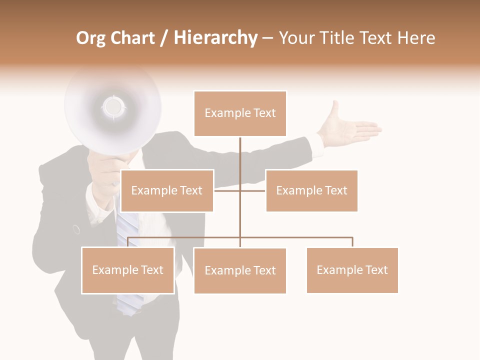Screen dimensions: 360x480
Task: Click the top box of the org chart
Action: click(240, 113)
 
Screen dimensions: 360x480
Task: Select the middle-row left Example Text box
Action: click(167, 190)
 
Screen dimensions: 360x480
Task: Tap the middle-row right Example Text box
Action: click(311, 190)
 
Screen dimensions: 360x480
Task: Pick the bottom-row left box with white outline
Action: click(128, 270)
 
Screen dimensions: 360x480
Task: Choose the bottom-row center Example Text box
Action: click(240, 270)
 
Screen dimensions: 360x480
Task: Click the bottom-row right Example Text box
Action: click(352, 270)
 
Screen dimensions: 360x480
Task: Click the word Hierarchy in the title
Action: click(215, 38)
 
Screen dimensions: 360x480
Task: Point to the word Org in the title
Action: click(90, 38)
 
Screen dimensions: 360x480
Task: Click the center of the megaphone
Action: click(113, 106)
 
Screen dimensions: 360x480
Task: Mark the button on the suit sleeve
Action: click(76, 229)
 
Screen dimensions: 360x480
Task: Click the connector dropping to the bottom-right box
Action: click(352, 242)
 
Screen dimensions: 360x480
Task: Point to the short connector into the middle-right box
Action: click(253, 190)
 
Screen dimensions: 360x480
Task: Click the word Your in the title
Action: click(295, 38)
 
